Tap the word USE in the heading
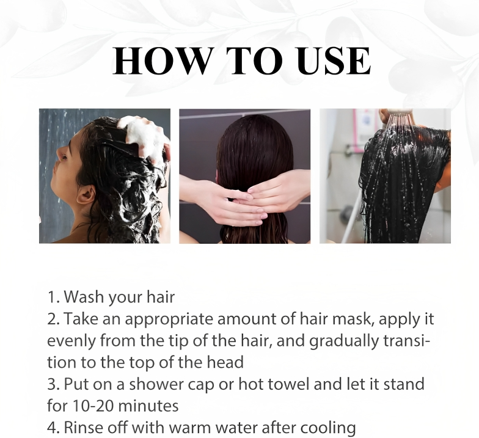point(334,61)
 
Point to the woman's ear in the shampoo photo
point(86,194)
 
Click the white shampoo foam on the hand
point(143,137)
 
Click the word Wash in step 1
point(82,297)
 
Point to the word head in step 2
point(225,362)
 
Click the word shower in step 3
point(155,384)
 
